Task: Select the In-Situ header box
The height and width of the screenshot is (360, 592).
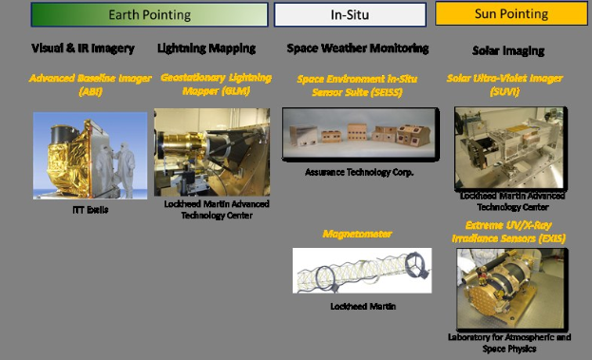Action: click(x=348, y=15)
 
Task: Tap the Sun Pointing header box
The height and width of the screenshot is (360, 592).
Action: click(x=511, y=14)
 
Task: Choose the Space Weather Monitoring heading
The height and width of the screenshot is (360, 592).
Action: click(x=357, y=47)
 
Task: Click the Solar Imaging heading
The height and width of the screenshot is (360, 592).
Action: click(x=507, y=48)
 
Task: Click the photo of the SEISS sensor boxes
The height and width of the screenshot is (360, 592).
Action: click(x=353, y=135)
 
